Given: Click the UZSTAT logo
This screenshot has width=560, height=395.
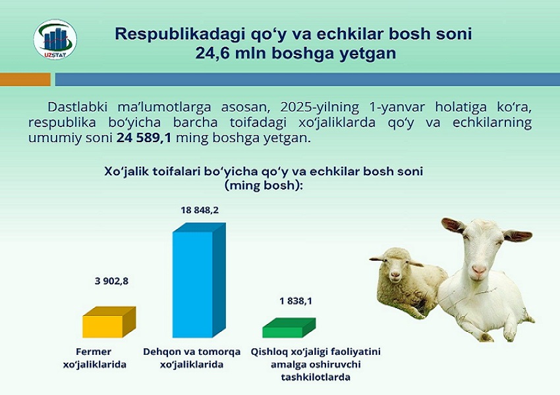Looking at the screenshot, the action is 55,39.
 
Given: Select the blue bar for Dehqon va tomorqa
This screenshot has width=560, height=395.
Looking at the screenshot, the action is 199,280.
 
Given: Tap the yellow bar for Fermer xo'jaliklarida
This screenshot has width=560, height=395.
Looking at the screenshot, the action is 109,322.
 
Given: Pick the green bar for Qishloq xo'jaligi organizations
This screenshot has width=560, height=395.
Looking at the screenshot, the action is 289,328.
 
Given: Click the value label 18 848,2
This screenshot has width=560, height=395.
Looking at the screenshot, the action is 200,210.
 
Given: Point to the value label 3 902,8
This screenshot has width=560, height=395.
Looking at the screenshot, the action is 111,281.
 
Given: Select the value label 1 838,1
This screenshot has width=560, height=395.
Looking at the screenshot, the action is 296,301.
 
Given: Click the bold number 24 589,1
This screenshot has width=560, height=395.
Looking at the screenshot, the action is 144,138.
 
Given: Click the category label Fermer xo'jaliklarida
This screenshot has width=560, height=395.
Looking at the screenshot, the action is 94,358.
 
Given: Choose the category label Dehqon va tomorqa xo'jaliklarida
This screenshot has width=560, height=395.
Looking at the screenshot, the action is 192,358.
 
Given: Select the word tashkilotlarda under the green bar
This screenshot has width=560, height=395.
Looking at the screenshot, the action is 316,377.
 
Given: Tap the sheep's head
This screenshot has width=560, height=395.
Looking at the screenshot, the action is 395,264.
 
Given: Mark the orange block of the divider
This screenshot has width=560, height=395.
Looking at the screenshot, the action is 25,80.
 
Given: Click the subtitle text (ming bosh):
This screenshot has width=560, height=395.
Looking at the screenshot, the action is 264,186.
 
